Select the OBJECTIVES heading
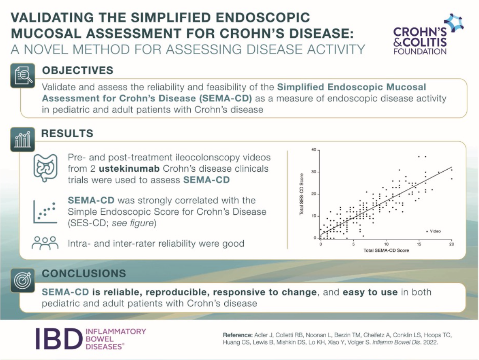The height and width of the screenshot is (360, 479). pyautogui.click(x=78, y=70)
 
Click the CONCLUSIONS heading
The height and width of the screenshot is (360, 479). pyautogui.click(x=84, y=273)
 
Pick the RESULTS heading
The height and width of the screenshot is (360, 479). pyautogui.click(x=68, y=133)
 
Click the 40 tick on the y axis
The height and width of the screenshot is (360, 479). pyautogui.click(x=313, y=150)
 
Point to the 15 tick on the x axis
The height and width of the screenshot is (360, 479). pyautogui.click(x=419, y=244)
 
